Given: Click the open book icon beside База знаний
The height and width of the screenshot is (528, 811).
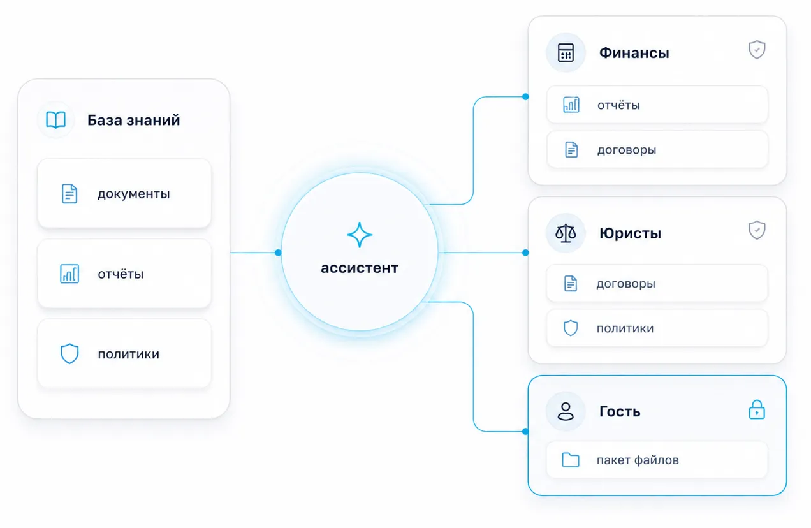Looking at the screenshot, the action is click(55, 120).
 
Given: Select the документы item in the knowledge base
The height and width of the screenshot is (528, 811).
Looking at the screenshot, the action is click(124, 193).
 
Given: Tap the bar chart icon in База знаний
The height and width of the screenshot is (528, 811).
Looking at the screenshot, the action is click(69, 274).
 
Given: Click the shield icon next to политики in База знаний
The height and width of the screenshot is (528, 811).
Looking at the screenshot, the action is click(69, 353).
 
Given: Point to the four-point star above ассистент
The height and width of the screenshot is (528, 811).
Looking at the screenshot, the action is click(359, 235).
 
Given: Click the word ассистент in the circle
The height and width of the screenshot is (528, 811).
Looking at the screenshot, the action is click(360, 268).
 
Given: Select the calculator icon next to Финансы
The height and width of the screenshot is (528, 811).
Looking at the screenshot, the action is click(566, 53).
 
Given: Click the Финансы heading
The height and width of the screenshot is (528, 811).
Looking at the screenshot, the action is click(634, 53).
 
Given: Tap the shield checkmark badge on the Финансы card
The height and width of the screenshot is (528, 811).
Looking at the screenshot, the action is click(757, 50).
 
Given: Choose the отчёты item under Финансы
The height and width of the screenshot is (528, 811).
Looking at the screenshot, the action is click(657, 105).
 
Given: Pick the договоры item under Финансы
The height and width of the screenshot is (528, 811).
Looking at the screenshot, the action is click(657, 150).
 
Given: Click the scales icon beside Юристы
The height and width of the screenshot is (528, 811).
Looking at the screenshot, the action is click(566, 233).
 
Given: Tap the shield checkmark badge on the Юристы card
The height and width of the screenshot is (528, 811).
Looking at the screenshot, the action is click(757, 230).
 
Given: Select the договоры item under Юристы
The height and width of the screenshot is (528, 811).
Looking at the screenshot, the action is click(657, 283).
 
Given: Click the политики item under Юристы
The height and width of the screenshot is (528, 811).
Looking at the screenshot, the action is click(657, 328).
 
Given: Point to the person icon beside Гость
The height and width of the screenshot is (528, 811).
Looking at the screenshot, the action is click(566, 411).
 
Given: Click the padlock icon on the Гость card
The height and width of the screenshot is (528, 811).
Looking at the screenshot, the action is click(757, 409).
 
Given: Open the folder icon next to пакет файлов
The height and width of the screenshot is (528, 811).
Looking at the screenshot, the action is click(570, 460).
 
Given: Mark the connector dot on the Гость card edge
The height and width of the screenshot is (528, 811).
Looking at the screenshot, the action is click(525, 431).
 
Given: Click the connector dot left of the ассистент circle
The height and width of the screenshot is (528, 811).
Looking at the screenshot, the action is click(278, 253).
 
